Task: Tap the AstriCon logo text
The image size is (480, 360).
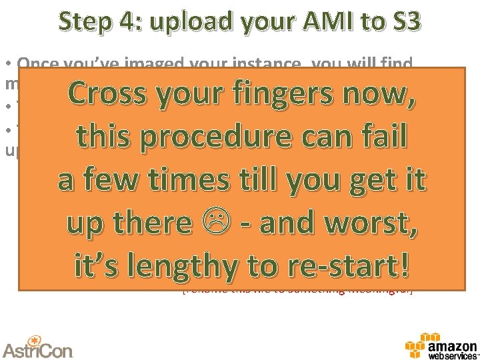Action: [38, 348]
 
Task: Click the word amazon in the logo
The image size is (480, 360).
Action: [453, 344]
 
